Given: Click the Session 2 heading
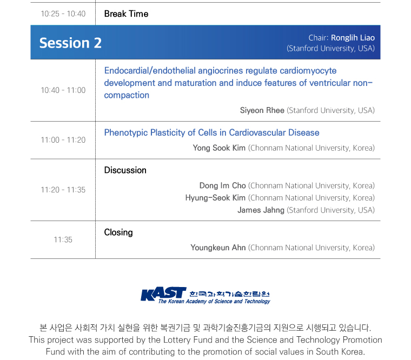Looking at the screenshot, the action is [x=70, y=43].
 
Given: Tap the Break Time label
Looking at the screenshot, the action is [x=126, y=14].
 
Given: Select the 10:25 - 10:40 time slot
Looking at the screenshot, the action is [x=63, y=14].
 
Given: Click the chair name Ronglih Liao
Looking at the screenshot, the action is [x=353, y=38].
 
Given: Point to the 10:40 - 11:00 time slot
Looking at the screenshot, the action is [x=63, y=90].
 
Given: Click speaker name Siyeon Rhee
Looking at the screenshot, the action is [x=262, y=110].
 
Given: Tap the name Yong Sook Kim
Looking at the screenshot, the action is [x=219, y=148].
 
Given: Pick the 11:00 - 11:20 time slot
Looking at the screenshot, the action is [x=63, y=140].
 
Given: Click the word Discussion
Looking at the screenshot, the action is [x=125, y=170].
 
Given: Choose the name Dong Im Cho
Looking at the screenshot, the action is [x=222, y=185].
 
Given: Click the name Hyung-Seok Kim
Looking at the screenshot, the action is [x=215, y=198].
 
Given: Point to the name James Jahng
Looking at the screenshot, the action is [x=261, y=210].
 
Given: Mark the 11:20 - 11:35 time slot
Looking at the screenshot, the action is [x=63, y=190].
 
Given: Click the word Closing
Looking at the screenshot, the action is [x=118, y=232].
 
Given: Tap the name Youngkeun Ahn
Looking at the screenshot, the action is [x=218, y=248].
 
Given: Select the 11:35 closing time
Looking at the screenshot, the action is [x=63, y=239].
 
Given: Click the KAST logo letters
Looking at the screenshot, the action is [x=163, y=294].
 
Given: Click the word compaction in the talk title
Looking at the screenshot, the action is [x=127, y=95].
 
